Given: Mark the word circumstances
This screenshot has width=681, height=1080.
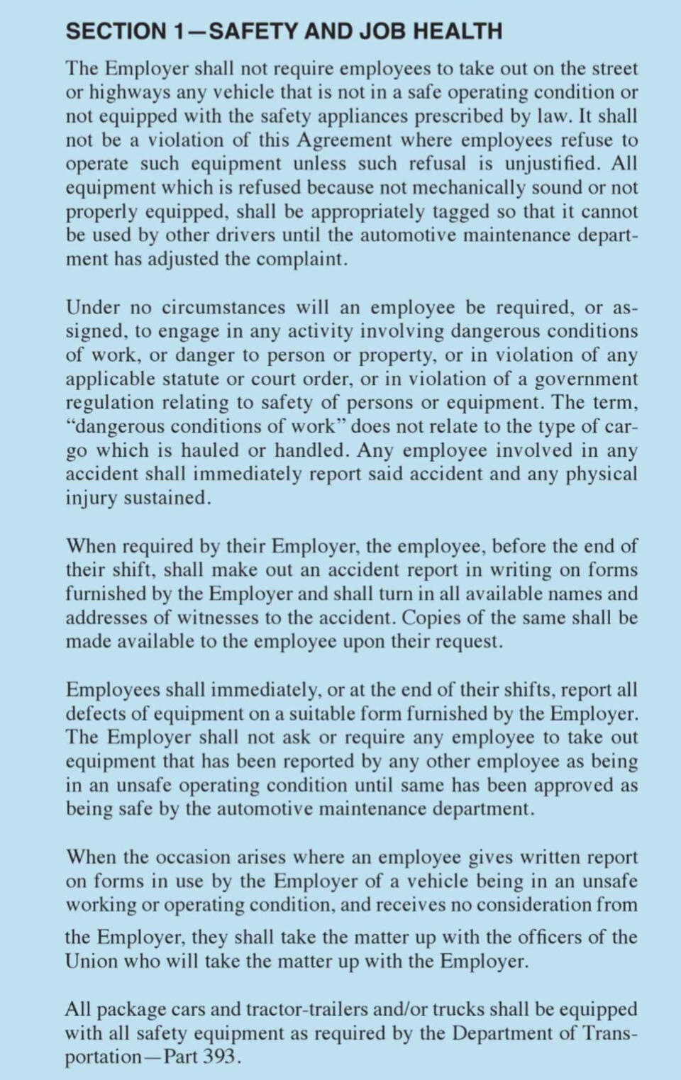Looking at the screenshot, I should click(223, 308).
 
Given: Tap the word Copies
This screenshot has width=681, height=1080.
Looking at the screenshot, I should click(432, 618).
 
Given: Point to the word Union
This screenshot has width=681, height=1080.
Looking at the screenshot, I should click(92, 962).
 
